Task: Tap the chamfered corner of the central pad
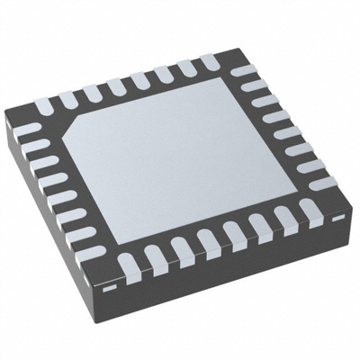pyautogui.click(x=74, y=127)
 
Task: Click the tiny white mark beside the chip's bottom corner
pyautogui.click(x=107, y=290)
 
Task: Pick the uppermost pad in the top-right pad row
pyautogui.click(x=240, y=71)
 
